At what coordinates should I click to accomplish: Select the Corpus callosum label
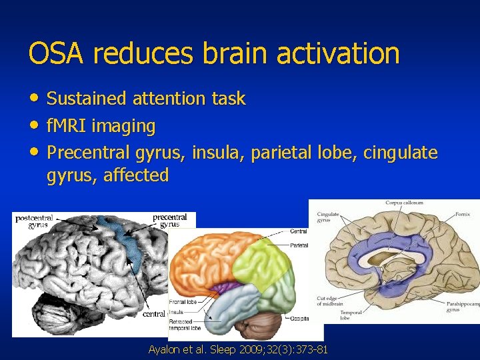click(404, 203)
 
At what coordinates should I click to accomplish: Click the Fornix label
click(463, 214)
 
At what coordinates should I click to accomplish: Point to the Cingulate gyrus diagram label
click(328, 217)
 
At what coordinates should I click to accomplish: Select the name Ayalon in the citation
click(165, 350)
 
